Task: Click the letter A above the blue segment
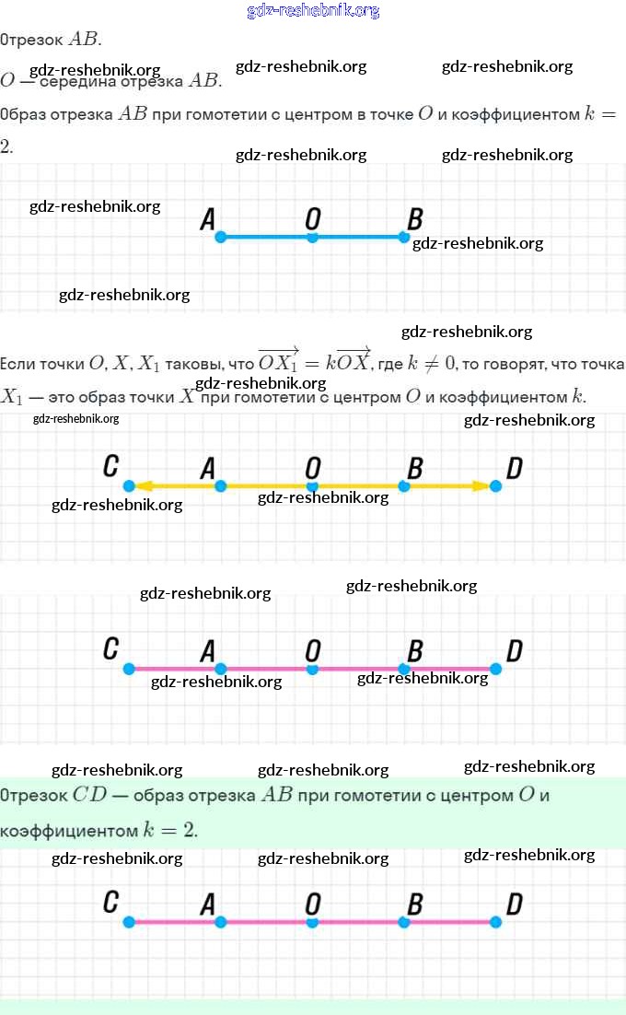click(x=208, y=219)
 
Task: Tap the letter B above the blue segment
click(x=415, y=219)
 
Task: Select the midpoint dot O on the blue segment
click(x=312, y=238)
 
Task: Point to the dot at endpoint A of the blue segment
click(x=220, y=238)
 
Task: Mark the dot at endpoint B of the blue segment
click(x=404, y=238)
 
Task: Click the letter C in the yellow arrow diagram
click(x=110, y=467)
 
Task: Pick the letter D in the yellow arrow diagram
click(x=515, y=468)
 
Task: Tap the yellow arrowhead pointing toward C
click(x=145, y=485)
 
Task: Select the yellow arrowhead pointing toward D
click(x=481, y=485)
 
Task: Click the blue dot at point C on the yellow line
click(x=129, y=485)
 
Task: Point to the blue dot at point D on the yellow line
click(x=496, y=485)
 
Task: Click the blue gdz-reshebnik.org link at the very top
click(x=313, y=11)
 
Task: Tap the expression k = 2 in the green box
click(x=169, y=829)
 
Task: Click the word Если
click(x=20, y=364)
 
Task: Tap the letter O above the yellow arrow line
click(x=313, y=468)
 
